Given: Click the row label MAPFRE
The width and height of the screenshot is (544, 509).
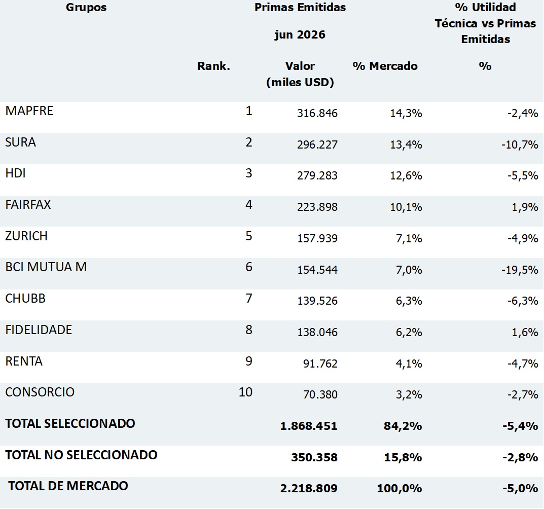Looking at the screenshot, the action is tap(29, 111).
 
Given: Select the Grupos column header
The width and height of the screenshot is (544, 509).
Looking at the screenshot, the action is tap(86, 8).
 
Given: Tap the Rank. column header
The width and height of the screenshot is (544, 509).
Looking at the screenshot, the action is tap(214, 66).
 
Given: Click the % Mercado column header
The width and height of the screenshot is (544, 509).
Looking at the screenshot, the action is tap(385, 66).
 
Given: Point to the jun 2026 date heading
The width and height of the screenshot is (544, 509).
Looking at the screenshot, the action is tap(300, 35).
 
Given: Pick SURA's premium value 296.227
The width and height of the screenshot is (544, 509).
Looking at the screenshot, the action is tap(317, 144).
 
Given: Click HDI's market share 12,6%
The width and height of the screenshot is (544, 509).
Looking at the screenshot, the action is tap(406, 175).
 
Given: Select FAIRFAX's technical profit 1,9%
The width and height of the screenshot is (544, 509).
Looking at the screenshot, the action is tap(525, 207).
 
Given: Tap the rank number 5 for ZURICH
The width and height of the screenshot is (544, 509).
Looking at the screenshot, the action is tap(249, 236).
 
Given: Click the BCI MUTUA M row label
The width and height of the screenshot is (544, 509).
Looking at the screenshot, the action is tap(46, 267).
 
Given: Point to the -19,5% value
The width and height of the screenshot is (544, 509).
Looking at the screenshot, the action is tap(520, 270).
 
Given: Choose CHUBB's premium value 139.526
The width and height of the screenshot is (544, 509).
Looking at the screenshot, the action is tap(317, 301).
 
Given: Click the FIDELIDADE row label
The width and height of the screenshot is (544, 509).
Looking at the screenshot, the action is tap(39, 330).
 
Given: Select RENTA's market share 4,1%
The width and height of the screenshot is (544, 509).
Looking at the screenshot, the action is tap(409, 363).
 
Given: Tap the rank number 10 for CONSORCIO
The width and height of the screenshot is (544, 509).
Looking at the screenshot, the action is tap(245, 392).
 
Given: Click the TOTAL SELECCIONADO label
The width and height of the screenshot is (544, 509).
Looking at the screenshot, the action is tap(70, 423).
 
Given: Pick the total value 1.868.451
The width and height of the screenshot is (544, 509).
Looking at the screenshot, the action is tap(309, 426).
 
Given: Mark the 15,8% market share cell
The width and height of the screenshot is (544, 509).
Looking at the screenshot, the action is tap(403, 457).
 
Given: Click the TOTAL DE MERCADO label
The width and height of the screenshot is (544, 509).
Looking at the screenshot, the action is tap(68, 486).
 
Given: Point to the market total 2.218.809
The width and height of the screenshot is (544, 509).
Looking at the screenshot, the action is tap(309, 488).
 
